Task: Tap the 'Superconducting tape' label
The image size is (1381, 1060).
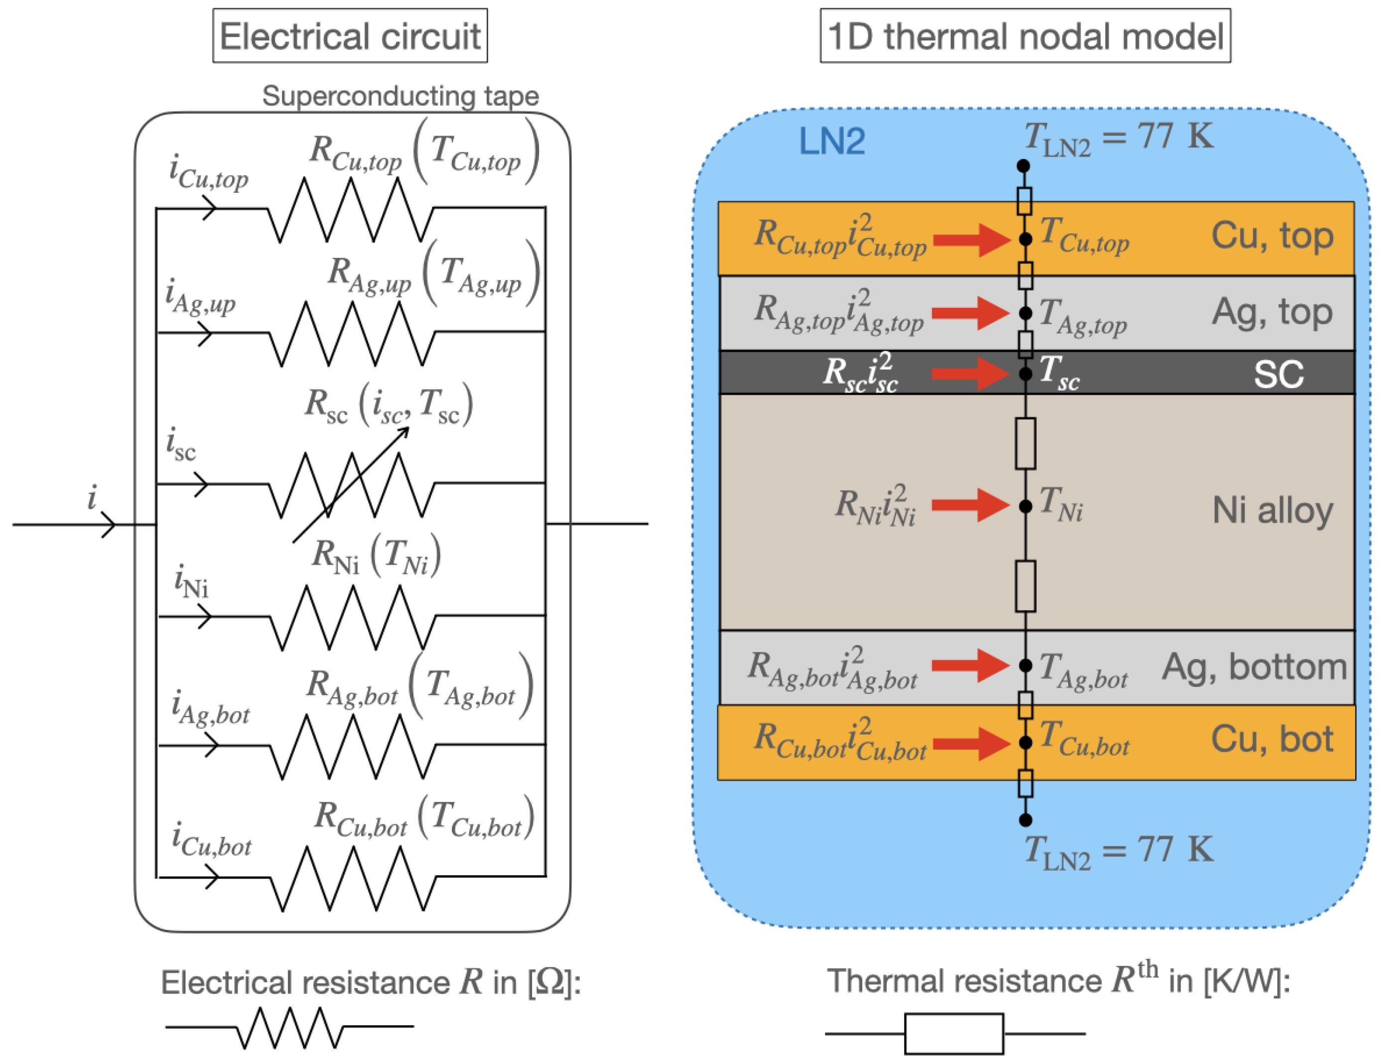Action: point(401,96)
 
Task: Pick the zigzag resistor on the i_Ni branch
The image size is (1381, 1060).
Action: point(353,617)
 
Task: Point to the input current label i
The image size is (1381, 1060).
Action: point(92,497)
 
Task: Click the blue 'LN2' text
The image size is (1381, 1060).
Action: point(831,140)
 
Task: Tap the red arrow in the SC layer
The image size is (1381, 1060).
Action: point(970,373)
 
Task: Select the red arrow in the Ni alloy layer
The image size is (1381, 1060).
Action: point(970,505)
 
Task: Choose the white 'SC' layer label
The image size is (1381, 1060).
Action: point(1278,374)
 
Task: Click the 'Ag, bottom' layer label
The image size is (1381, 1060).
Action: point(1254,666)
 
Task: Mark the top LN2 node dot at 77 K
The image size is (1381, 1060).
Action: point(1023,166)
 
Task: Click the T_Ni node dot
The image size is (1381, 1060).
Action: point(1026,506)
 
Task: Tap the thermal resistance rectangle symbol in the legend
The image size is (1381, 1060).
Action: point(954,1034)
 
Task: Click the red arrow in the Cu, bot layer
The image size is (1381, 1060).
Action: point(971,743)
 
